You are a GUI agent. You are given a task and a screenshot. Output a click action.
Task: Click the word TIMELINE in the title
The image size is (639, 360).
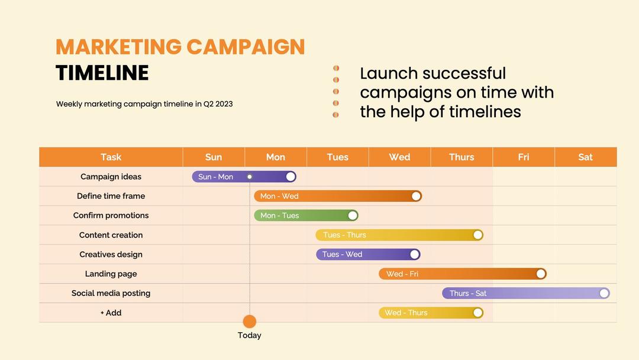tap(102, 73)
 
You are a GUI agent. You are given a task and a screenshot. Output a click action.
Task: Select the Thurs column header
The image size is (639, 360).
tap(461, 157)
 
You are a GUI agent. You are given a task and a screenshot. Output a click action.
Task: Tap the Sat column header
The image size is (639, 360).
tap(585, 157)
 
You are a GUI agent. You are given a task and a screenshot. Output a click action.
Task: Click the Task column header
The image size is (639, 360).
tap(111, 157)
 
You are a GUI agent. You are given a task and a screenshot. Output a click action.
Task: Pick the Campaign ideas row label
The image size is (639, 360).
tap(111, 176)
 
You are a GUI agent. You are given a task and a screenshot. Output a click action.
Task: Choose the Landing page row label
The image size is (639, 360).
tap(111, 274)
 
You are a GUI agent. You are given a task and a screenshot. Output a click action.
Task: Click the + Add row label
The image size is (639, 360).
tap(111, 313)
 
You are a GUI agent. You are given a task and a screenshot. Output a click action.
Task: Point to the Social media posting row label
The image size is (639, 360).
tap(111, 293)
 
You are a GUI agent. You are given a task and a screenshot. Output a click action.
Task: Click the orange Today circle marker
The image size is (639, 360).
tap(250, 322)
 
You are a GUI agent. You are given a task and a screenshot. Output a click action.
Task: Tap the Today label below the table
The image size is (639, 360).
tap(250, 335)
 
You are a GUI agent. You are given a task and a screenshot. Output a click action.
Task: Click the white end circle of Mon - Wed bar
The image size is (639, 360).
tap(416, 196)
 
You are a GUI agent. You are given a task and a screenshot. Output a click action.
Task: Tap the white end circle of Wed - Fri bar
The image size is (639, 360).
tap(541, 274)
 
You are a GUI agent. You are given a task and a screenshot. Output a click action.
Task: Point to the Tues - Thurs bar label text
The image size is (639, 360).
tap(345, 235)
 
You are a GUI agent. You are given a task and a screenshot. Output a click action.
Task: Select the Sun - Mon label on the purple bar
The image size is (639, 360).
tap(216, 176)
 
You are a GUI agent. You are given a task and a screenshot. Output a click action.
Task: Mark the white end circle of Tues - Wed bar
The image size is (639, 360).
tap(415, 255)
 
